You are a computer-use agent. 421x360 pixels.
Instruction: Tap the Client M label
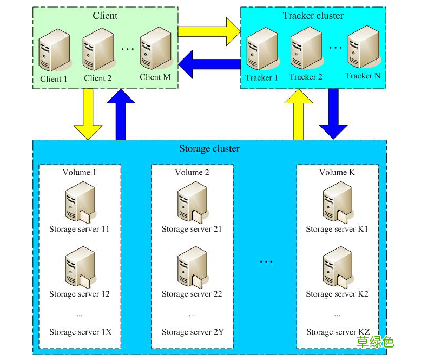click(155, 77)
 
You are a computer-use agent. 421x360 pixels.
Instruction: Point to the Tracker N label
click(363, 76)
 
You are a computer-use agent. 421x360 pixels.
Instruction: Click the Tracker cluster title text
click(313, 16)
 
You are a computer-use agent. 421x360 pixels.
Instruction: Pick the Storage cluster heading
click(209, 148)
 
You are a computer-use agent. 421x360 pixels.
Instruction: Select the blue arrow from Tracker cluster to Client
click(208, 64)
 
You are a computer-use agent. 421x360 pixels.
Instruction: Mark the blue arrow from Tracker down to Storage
click(333, 114)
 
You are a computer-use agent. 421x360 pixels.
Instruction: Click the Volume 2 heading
click(192, 172)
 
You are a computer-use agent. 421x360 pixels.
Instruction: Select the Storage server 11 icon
click(79, 204)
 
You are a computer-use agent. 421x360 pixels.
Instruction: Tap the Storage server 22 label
click(192, 294)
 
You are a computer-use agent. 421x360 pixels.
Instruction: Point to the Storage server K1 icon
click(337, 204)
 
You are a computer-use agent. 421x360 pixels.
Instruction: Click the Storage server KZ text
click(338, 332)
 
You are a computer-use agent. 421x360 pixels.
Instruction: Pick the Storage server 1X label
click(80, 332)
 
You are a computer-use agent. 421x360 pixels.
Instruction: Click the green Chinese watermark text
click(375, 342)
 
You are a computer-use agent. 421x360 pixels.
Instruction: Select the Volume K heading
click(337, 172)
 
